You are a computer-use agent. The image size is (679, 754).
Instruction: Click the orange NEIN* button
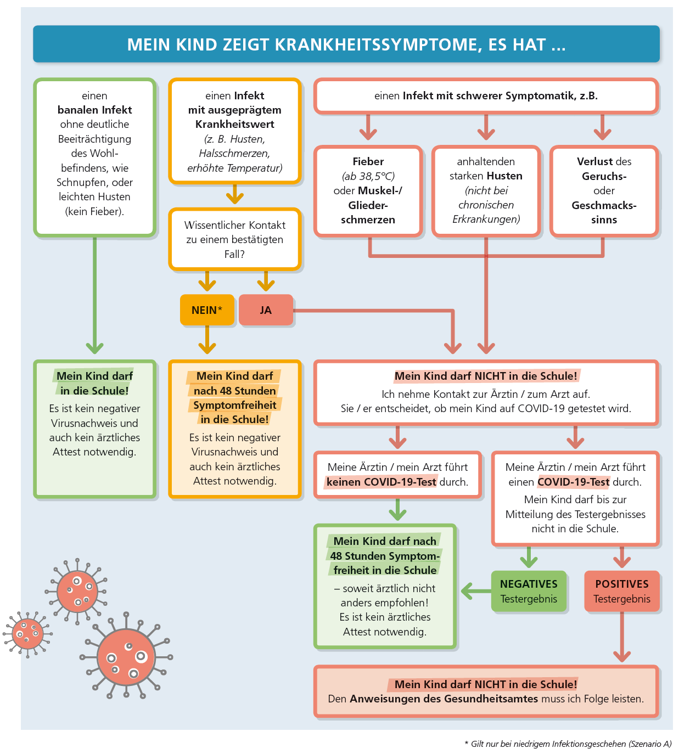click(207, 310)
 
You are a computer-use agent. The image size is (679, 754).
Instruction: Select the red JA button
click(266, 310)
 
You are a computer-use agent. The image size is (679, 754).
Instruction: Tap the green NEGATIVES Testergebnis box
click(529, 591)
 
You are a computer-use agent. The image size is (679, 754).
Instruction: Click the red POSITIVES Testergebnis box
click(622, 591)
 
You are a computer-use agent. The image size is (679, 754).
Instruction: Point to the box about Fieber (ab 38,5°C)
click(368, 191)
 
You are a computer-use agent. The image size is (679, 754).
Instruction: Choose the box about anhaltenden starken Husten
click(486, 191)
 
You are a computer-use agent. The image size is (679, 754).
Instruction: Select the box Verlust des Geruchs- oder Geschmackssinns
click(604, 191)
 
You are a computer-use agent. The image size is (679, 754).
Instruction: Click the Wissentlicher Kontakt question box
click(234, 239)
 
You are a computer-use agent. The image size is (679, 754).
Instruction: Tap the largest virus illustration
click(126, 656)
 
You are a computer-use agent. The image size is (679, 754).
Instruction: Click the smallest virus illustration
click(27, 634)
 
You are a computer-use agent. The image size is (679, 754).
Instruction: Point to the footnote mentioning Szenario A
click(568, 744)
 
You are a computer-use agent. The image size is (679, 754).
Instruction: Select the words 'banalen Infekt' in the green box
click(95, 110)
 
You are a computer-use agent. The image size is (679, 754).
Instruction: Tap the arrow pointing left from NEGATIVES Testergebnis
click(476, 591)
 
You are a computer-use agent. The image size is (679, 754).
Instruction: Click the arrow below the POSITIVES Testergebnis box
click(622, 637)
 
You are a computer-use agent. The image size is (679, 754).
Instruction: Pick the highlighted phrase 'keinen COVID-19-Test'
click(381, 481)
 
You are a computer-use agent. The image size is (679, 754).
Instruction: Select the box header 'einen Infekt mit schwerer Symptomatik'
click(486, 96)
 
